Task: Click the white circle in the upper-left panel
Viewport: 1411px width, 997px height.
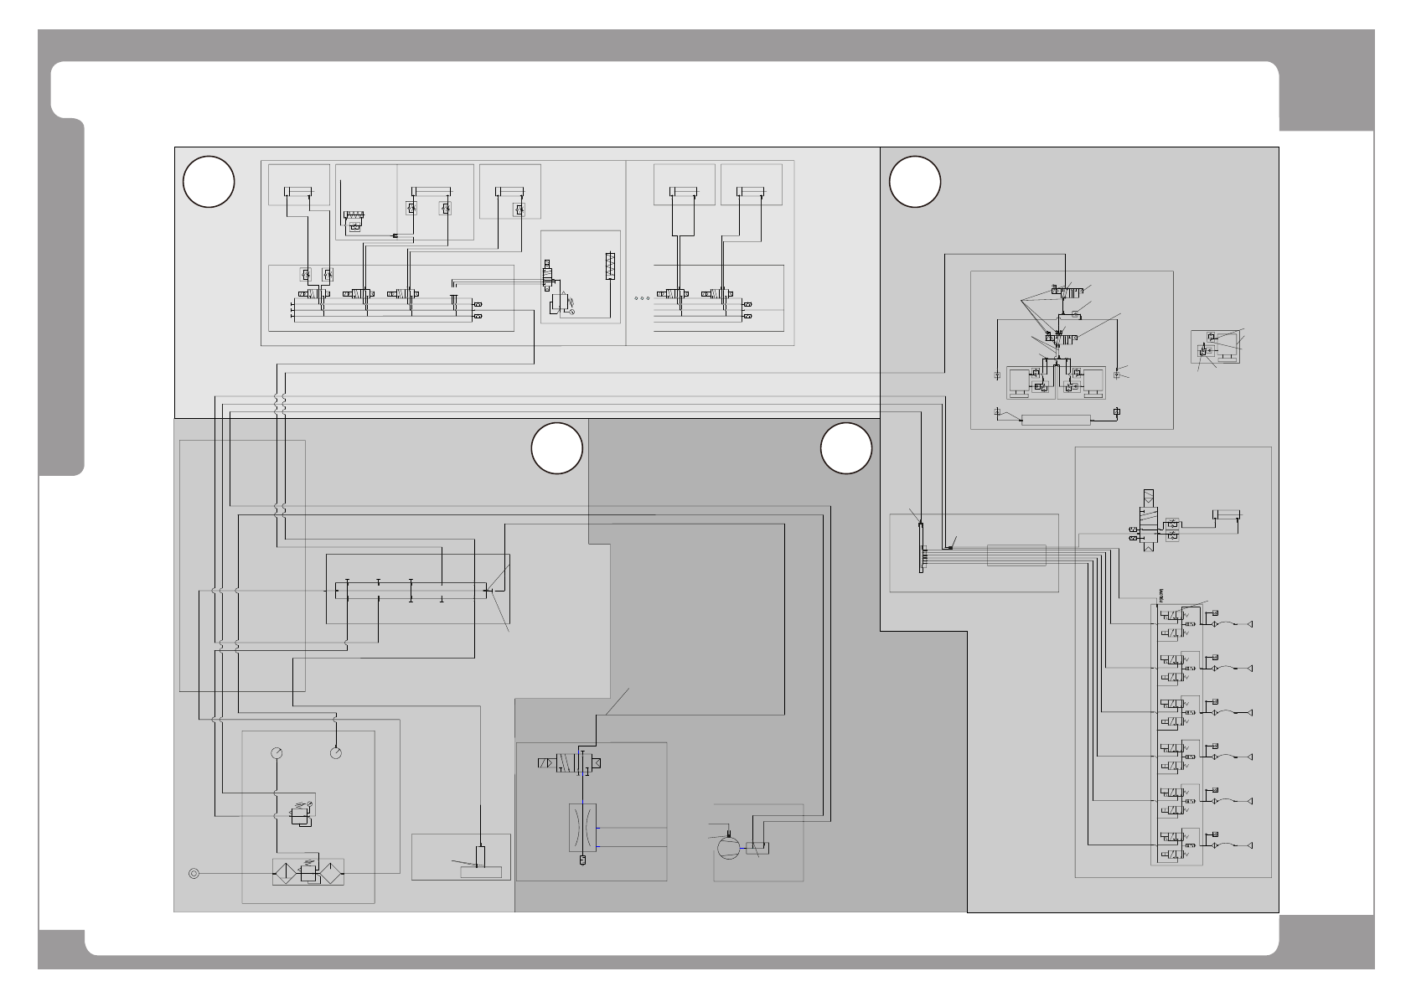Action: click(x=209, y=182)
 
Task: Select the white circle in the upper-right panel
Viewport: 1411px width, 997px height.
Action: click(x=915, y=182)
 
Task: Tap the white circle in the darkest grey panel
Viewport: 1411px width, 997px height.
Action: click(x=846, y=448)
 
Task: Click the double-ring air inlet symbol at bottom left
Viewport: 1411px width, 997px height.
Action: click(x=194, y=873)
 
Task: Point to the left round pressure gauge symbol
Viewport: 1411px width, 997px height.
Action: click(x=277, y=753)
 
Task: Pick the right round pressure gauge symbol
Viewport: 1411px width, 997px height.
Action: click(x=336, y=753)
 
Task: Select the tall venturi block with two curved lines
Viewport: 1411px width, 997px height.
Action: click(x=582, y=828)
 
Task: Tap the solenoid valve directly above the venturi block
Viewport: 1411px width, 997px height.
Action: click(x=570, y=763)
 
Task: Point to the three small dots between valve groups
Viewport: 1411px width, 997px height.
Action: click(x=643, y=297)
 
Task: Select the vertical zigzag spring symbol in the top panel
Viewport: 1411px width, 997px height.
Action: click(x=610, y=266)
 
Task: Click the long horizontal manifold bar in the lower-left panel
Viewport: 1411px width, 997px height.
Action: click(x=411, y=591)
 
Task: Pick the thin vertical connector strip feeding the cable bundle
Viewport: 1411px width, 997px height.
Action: click(x=921, y=548)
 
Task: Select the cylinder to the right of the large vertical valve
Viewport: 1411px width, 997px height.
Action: click(x=1226, y=514)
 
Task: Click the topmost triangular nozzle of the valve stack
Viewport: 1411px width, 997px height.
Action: click(x=1250, y=623)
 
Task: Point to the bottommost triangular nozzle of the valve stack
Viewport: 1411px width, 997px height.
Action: click(x=1250, y=845)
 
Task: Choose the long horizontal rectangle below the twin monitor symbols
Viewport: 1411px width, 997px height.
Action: click(x=1056, y=420)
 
